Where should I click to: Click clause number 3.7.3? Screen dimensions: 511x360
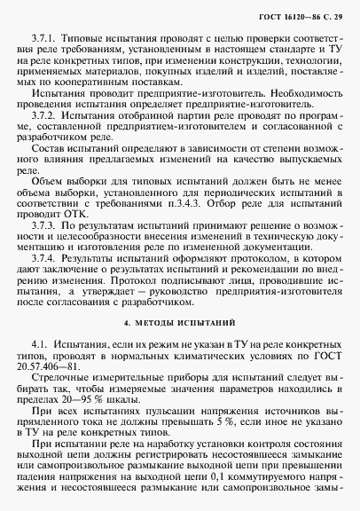(44, 226)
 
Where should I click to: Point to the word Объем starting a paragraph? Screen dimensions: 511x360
(49, 183)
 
